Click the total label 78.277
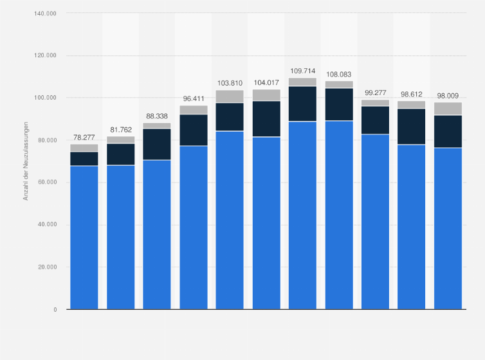(84, 137)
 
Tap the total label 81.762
(121, 129)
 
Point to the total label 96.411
(194, 98)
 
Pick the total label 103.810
(230, 83)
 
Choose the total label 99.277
(375, 93)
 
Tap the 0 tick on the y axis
(55, 310)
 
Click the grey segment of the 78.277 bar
(84, 148)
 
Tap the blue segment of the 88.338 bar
(157, 235)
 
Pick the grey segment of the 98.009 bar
(448, 109)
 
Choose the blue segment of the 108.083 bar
(339, 215)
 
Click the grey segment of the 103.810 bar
(230, 96)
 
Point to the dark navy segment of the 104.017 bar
(266, 119)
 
